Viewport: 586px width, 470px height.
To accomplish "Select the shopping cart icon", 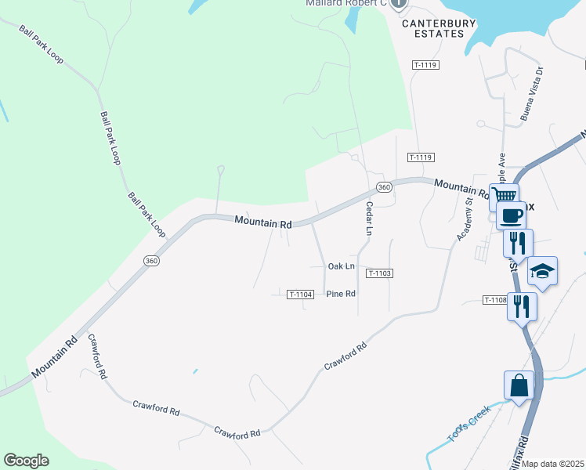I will [x=504, y=195].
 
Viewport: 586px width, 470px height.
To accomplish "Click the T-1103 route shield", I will [x=378, y=273].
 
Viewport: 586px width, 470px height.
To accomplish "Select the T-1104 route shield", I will [x=300, y=295].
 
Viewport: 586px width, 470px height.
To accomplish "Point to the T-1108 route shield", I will [x=495, y=300].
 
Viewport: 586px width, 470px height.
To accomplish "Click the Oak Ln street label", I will [x=341, y=266].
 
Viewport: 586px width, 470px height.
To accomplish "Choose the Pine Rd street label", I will [x=341, y=294].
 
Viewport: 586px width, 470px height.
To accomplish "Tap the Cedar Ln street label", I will [x=368, y=219].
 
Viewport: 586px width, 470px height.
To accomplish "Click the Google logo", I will [x=26, y=461].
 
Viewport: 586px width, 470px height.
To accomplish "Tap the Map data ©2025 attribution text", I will [x=553, y=464].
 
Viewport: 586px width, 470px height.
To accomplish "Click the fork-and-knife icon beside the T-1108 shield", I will [x=523, y=306].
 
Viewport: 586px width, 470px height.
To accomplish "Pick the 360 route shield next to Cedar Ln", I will [x=383, y=187].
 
